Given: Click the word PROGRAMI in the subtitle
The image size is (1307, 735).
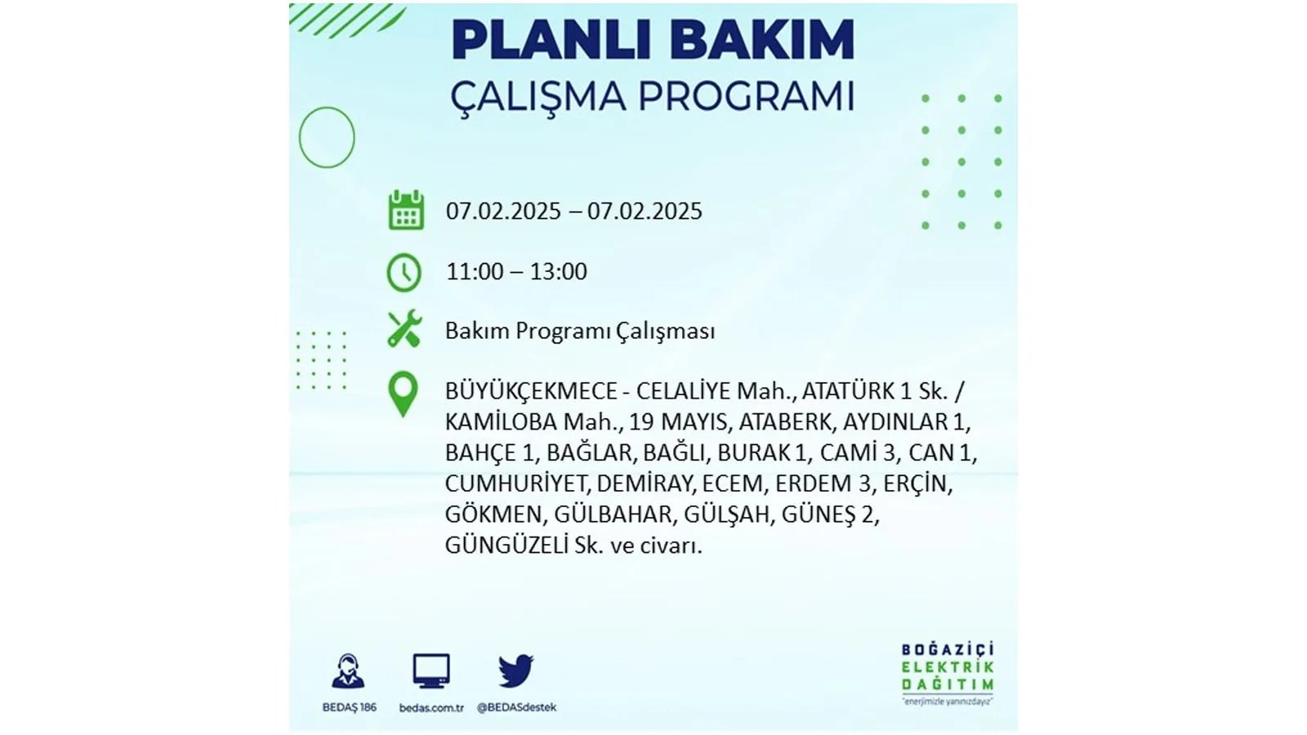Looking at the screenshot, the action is pyautogui.click(x=747, y=97).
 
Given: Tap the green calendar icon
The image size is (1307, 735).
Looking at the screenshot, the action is pyautogui.click(x=406, y=209).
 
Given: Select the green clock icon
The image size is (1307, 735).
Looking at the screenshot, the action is pyautogui.click(x=404, y=273).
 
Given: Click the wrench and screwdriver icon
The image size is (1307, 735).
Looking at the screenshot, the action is pyautogui.click(x=404, y=328).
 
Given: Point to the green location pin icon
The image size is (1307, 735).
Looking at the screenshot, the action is pyautogui.click(x=403, y=394).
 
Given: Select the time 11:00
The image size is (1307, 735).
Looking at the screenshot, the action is pyautogui.click(x=475, y=272).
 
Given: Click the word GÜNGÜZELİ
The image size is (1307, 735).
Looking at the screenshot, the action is pyautogui.click(x=506, y=546).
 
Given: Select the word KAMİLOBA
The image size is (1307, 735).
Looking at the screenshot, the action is pyautogui.click(x=502, y=421).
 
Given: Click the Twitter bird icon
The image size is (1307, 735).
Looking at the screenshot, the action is pyautogui.click(x=515, y=670).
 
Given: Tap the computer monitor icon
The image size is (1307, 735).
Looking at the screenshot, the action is pyautogui.click(x=431, y=670).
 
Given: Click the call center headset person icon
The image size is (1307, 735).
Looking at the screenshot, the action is pyautogui.click(x=348, y=670).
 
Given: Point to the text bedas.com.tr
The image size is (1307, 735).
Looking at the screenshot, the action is pyautogui.click(x=431, y=707).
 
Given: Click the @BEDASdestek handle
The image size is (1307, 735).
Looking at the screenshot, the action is pyautogui.click(x=516, y=707).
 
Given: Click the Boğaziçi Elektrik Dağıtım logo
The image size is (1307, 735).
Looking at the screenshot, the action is pyautogui.click(x=947, y=674).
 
